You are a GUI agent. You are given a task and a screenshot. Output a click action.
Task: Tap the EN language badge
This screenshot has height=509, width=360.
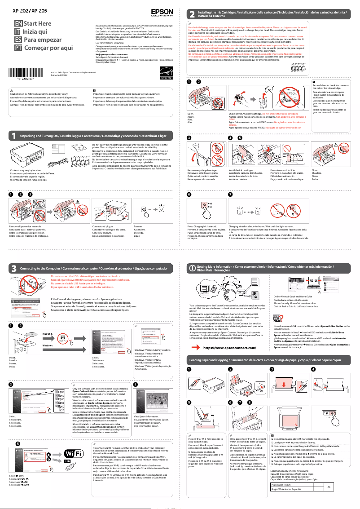[18, 23]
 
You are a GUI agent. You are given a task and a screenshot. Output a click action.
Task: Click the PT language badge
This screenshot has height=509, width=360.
[18, 48]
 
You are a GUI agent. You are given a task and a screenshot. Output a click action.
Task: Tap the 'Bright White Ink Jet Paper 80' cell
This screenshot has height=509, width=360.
[287, 502]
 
